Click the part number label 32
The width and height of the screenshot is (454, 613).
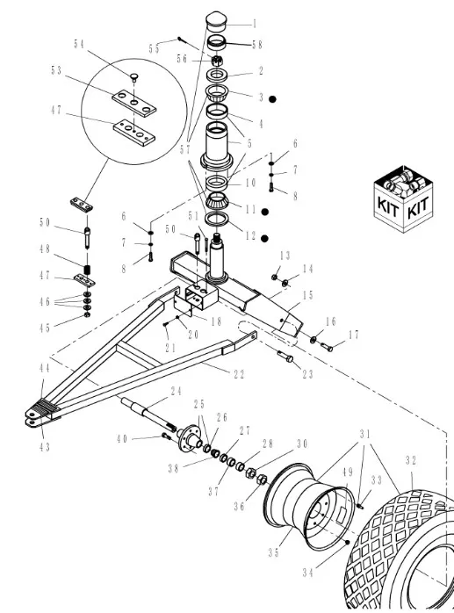click(412, 459)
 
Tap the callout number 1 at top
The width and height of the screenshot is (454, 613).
click(255, 24)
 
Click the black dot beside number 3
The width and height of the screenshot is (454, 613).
click(273, 99)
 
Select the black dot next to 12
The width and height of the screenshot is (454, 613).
click(263, 238)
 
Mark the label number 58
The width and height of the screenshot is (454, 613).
click(256, 43)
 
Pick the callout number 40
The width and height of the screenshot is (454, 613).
click(147, 438)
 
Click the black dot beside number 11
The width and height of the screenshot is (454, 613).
click(263, 212)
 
